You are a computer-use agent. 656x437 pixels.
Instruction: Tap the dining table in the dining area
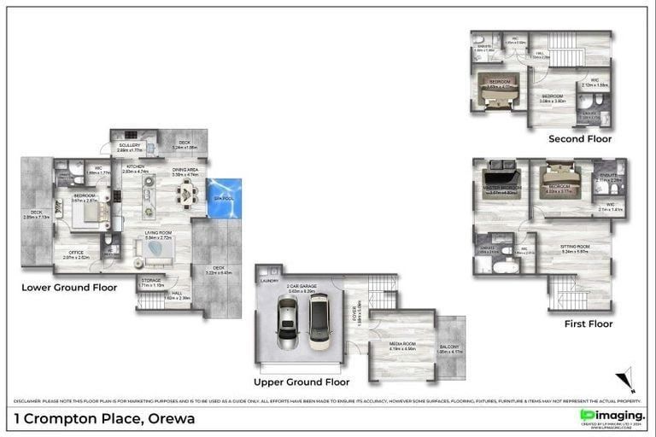[185, 196]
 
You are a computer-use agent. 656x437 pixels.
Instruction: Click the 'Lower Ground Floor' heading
[69, 288]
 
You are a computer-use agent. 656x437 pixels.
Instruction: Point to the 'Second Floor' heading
[580, 138]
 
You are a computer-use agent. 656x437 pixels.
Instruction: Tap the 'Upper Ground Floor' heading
[302, 382]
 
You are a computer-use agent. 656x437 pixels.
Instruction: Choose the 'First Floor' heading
[589, 323]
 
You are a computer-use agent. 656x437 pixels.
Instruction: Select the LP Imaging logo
[612, 416]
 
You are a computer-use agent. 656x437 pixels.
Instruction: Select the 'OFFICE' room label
[77, 252]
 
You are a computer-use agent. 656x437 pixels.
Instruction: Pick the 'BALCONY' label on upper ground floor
[450, 346]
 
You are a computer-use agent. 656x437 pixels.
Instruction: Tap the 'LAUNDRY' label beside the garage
[268, 280]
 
